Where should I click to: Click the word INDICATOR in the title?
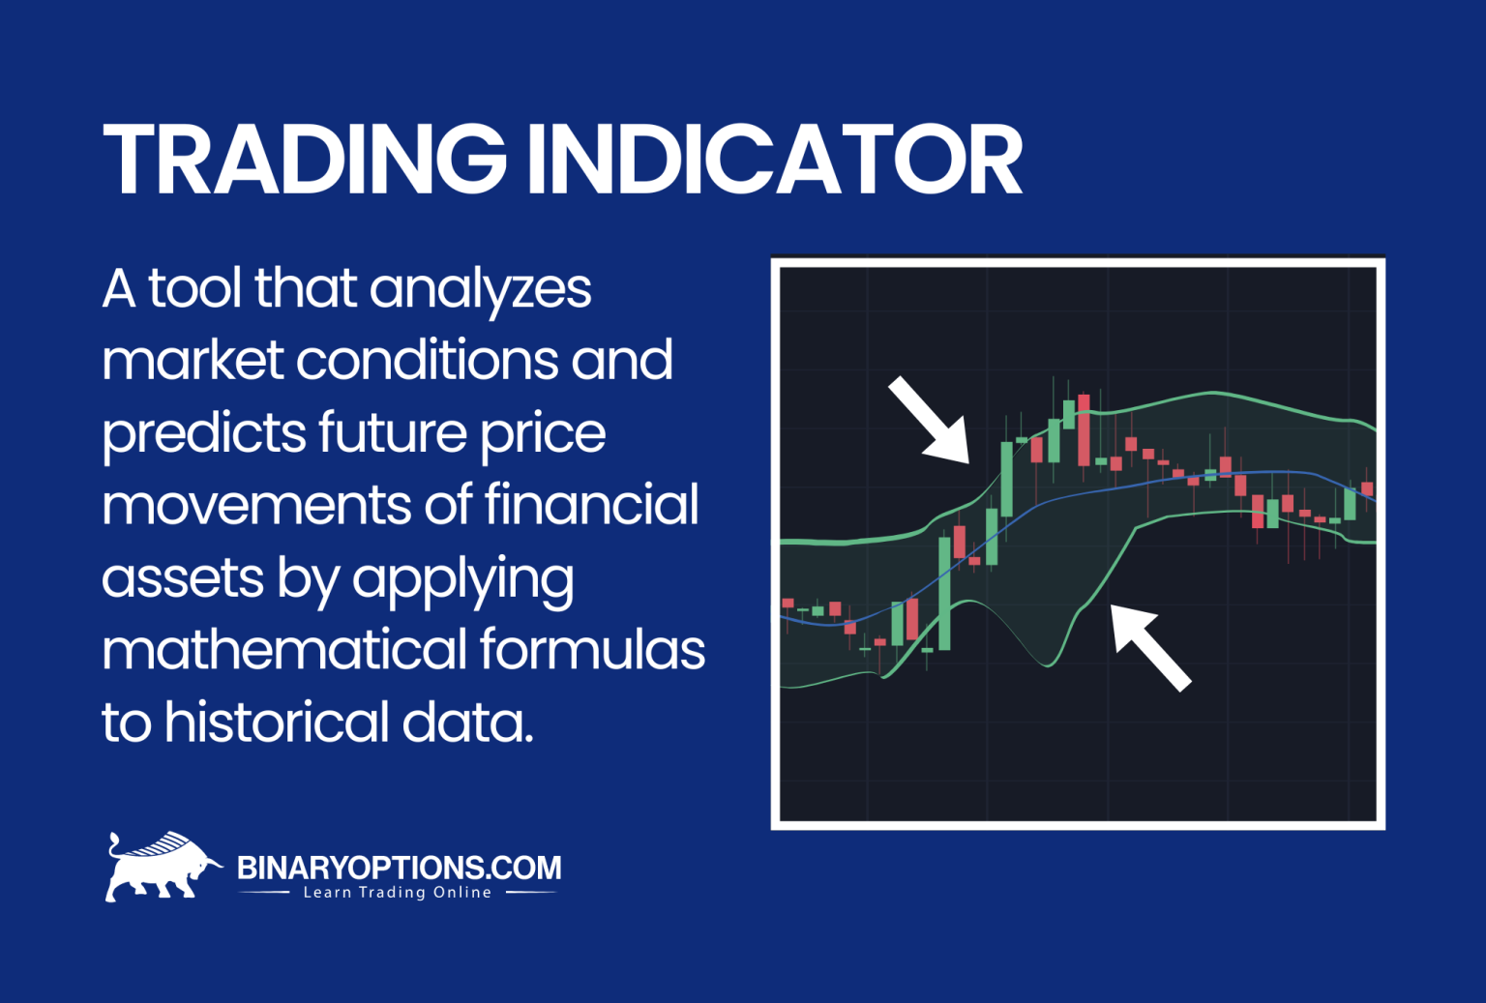[774, 161]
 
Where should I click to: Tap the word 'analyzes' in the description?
[480, 290]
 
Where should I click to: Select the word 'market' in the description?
[192, 361]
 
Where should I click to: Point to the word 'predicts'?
[203, 435]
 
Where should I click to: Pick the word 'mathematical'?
[282, 649]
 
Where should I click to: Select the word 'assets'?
[182, 578]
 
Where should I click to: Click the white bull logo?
[160, 867]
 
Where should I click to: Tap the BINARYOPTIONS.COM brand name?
[399, 867]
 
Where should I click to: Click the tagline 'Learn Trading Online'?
[398, 893]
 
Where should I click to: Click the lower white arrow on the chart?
[1149, 646]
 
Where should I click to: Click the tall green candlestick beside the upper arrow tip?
[1007, 479]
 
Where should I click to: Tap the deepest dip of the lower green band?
[1046, 665]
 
